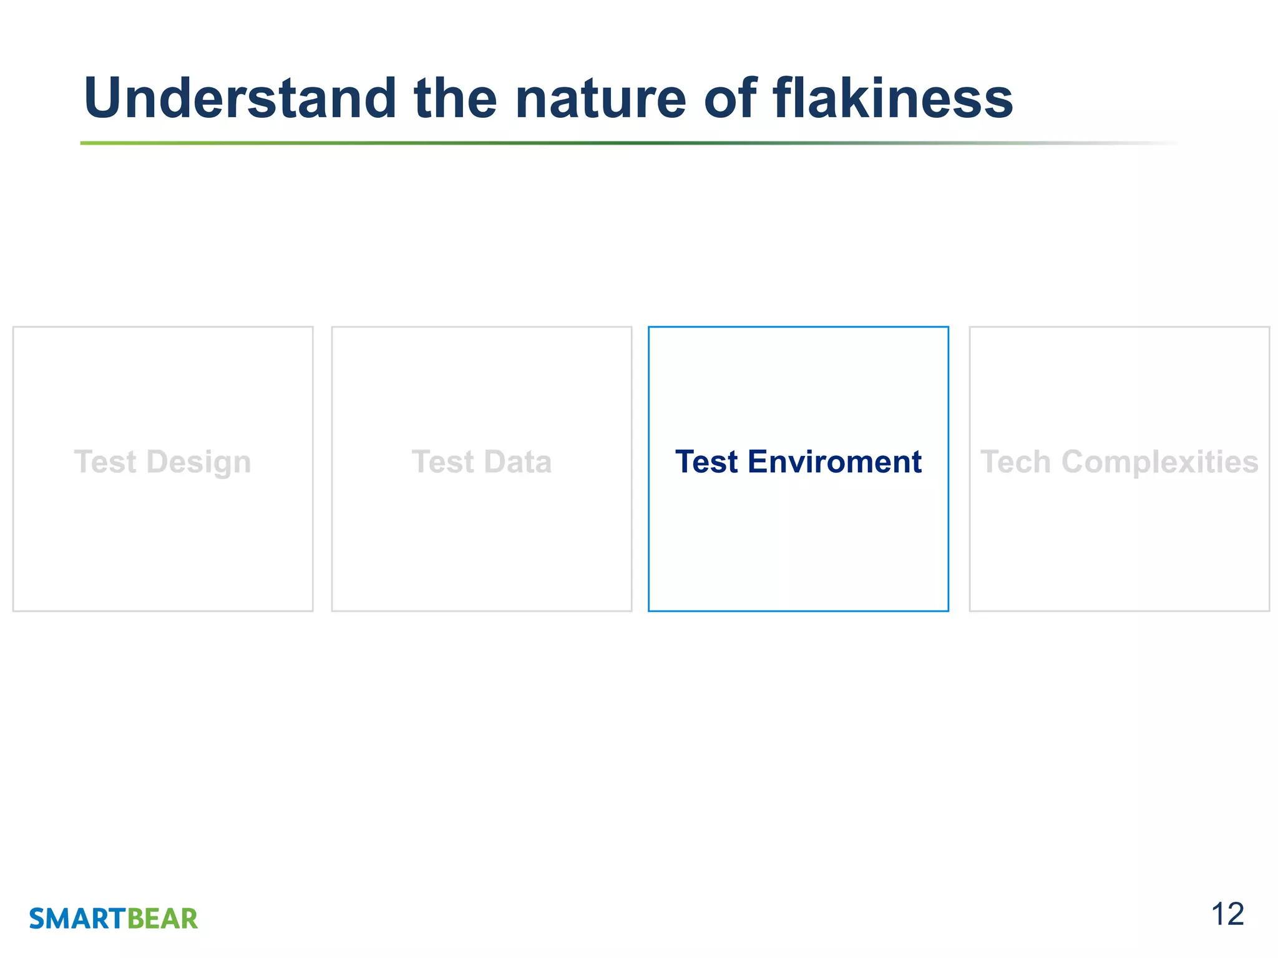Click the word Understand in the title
point(240,99)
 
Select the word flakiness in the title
point(892,99)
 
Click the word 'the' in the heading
point(455,99)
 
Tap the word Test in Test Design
point(105,462)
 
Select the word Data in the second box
point(517,462)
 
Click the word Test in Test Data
point(442,462)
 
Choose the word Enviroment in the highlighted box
point(834,462)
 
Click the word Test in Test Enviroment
point(706,462)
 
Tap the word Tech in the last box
point(1016,462)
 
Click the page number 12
point(1227,915)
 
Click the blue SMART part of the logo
point(78,919)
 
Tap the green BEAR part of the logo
point(162,919)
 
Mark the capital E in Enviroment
point(757,462)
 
